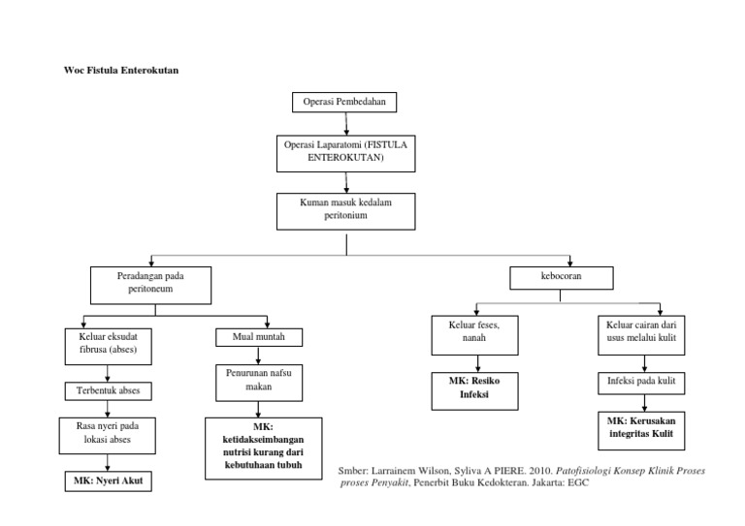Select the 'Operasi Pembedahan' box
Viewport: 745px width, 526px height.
pos(344,102)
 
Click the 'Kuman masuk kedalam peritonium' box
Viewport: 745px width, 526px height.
pos(345,211)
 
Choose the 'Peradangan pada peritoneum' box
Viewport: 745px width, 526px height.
pos(149,283)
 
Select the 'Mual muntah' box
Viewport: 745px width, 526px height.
pos(257,337)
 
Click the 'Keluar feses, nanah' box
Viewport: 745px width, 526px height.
pos(468,334)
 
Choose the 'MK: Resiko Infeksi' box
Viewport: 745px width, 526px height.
pos(468,389)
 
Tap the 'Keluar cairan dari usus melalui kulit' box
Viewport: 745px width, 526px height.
pos(640,335)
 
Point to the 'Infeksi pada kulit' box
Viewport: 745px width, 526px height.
pos(640,385)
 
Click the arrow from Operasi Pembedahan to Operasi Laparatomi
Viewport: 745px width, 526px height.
pos(346,122)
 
